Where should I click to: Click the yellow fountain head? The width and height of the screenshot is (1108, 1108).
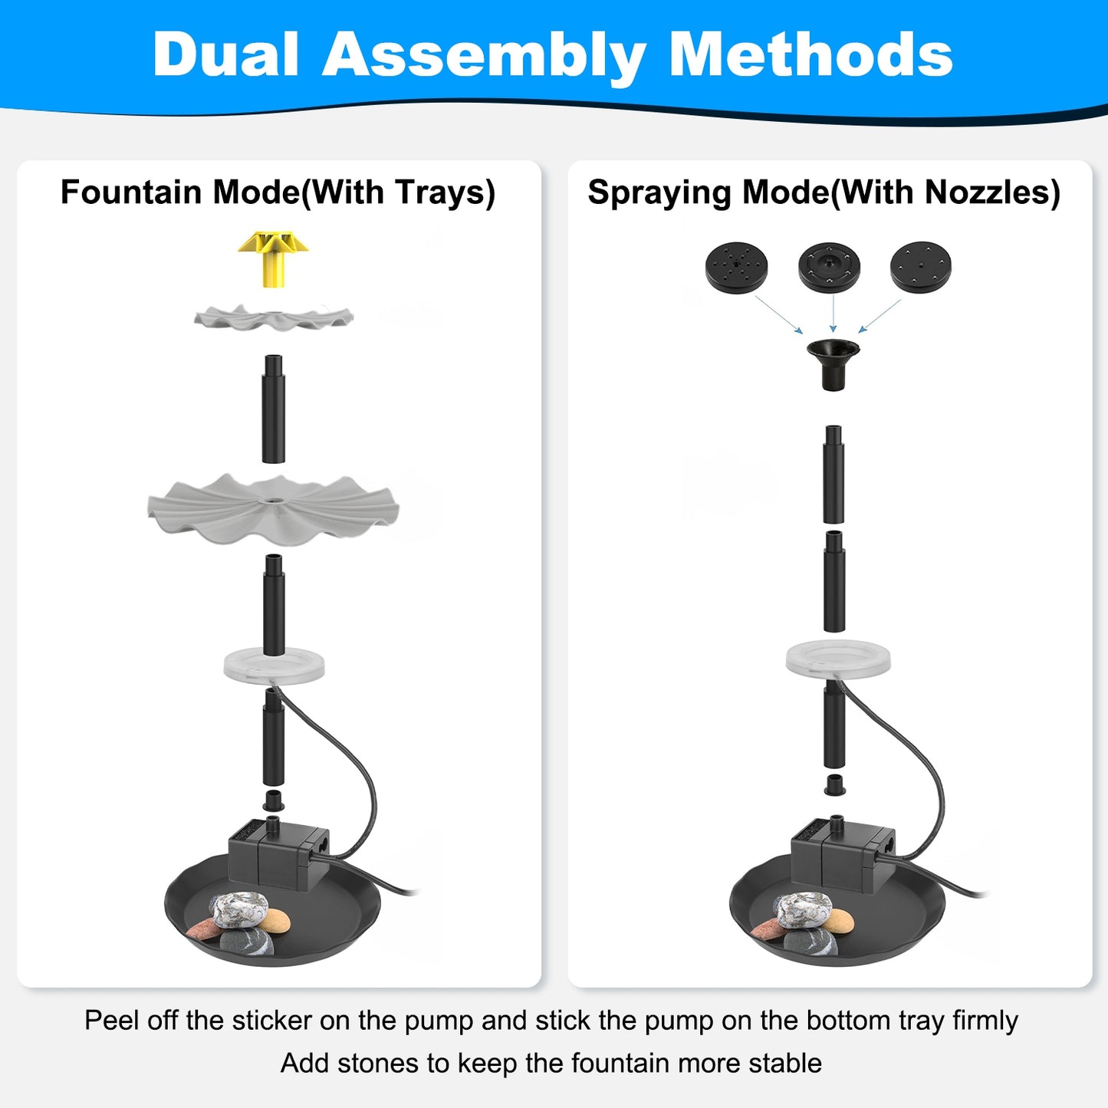(272, 258)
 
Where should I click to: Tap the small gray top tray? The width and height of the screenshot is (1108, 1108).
(274, 317)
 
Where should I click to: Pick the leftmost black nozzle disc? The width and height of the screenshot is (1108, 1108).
(736, 267)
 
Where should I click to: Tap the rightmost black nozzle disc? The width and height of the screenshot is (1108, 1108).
(920, 267)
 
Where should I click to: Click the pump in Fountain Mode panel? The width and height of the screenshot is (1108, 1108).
(279, 852)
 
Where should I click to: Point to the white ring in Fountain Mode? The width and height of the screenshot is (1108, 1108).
(274, 664)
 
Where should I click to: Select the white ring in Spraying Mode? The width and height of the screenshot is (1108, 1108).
(838, 659)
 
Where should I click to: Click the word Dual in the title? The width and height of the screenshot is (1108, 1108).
(225, 55)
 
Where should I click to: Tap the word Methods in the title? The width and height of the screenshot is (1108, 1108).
(810, 55)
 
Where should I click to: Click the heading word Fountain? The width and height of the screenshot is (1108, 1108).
(131, 192)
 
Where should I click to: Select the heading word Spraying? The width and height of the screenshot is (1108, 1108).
(659, 193)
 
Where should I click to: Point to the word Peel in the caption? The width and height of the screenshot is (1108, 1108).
(112, 1021)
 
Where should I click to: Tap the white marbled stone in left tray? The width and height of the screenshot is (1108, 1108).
(238, 911)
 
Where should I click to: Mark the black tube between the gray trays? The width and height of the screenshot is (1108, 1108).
(273, 409)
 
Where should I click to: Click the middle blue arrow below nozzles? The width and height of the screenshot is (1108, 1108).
(833, 314)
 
